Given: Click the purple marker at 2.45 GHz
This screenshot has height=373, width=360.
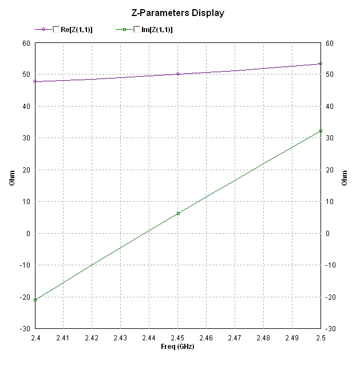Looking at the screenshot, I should click(178, 74).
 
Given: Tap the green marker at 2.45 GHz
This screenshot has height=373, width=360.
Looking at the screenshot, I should click(178, 213).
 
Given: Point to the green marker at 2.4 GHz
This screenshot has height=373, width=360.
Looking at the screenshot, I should click(35, 300).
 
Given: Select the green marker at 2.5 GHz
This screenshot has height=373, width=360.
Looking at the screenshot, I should click(321, 131).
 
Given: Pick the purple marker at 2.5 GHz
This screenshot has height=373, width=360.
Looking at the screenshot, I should click(321, 64).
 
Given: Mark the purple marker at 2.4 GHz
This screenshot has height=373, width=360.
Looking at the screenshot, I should click(35, 81).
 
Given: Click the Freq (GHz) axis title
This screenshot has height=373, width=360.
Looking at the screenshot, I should click(177, 347).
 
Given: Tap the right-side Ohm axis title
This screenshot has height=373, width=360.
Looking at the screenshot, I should click(345, 178).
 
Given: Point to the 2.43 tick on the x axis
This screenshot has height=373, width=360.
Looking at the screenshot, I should click(120, 338).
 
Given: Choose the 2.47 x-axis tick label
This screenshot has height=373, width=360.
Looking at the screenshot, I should click(235, 338).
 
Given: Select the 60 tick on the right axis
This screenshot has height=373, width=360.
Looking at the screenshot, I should click(330, 43).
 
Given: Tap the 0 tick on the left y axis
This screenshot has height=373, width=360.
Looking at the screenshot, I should click(28, 233).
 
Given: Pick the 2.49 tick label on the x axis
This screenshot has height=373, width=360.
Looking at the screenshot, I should click(292, 338).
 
